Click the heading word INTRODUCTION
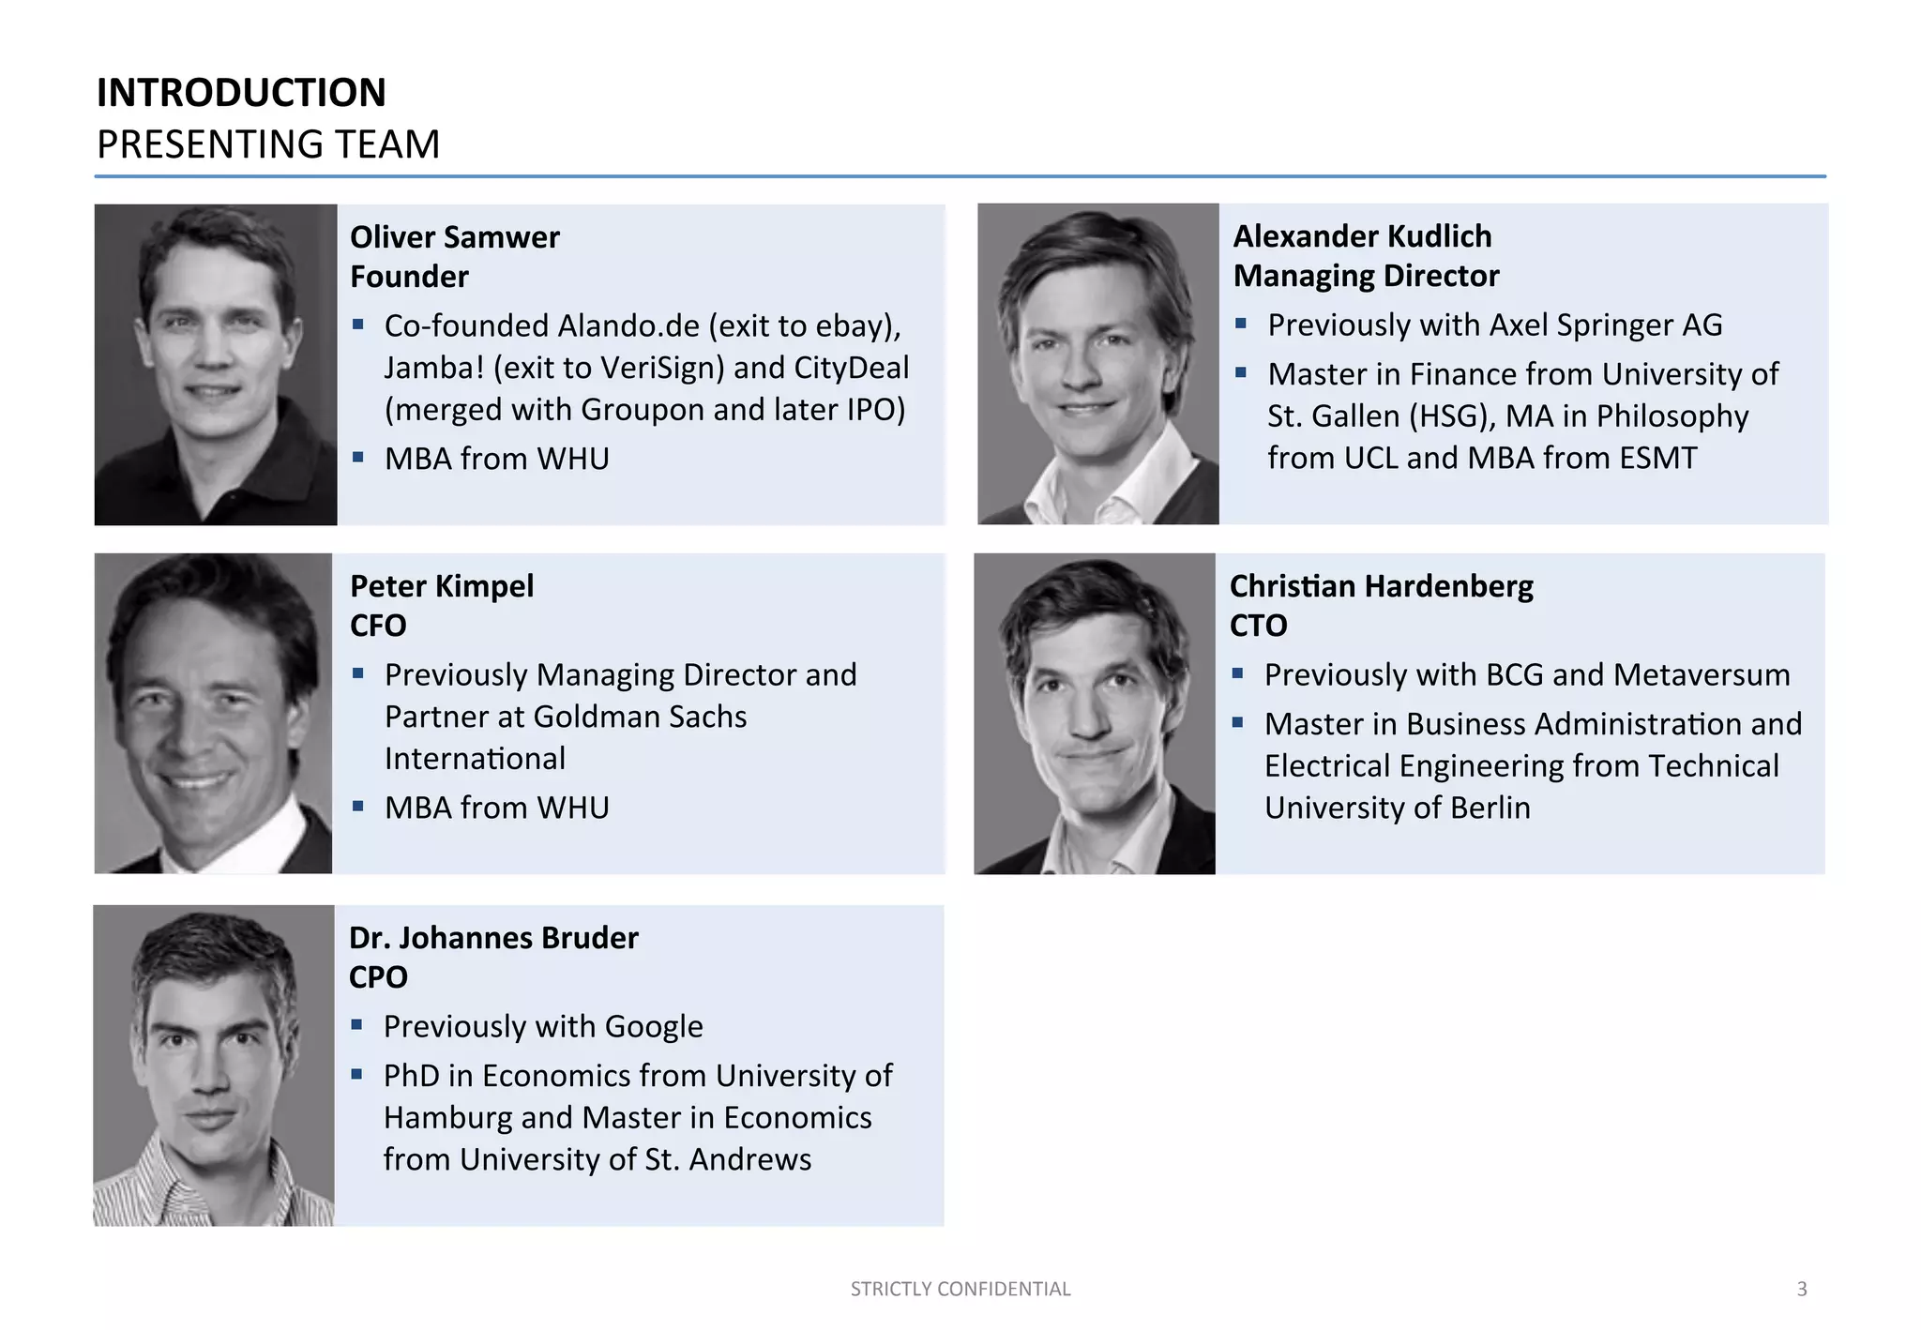click(x=241, y=93)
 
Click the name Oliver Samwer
click(x=454, y=237)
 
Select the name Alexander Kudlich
click(x=1362, y=236)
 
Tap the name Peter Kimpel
click(x=441, y=586)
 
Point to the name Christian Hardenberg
click(x=1381, y=586)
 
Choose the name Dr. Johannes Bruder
click(x=493, y=938)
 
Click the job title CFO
click(x=377, y=626)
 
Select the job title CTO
click(x=1258, y=626)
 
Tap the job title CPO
click(x=378, y=977)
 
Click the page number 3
click(x=1801, y=1289)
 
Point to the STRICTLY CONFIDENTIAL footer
click(x=960, y=1289)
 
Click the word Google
click(x=654, y=1027)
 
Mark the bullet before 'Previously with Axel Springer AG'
click(x=1241, y=324)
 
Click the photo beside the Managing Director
click(x=1097, y=364)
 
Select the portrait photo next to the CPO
click(x=214, y=1066)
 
